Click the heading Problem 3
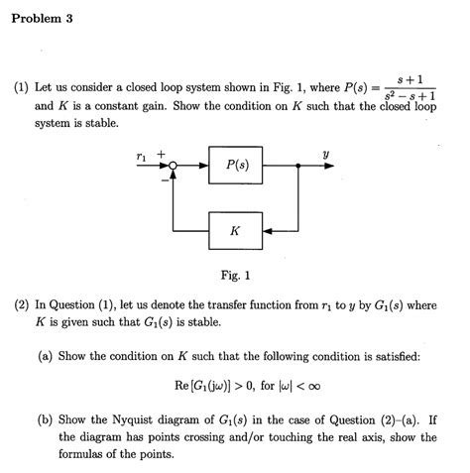(x=43, y=20)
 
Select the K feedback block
(x=235, y=230)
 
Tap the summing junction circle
(x=173, y=167)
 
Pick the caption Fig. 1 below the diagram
(x=235, y=275)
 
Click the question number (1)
(x=21, y=87)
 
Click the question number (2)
(x=21, y=305)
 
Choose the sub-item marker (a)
(x=46, y=355)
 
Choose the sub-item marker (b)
(x=46, y=419)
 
